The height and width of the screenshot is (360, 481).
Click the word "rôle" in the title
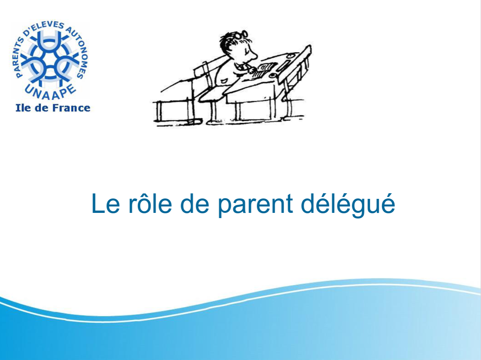tap(150, 203)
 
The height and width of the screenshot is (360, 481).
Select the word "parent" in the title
tap(256, 205)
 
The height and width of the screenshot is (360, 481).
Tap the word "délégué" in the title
tap(348, 205)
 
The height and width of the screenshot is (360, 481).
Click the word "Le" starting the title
tap(106, 203)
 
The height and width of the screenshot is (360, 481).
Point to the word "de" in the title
tap(195, 203)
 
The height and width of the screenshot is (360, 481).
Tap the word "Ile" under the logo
tap(24, 108)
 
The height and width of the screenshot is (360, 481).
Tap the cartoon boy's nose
tap(254, 57)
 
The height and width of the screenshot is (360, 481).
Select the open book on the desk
tap(264, 70)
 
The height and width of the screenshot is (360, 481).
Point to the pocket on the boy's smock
tap(224, 81)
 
